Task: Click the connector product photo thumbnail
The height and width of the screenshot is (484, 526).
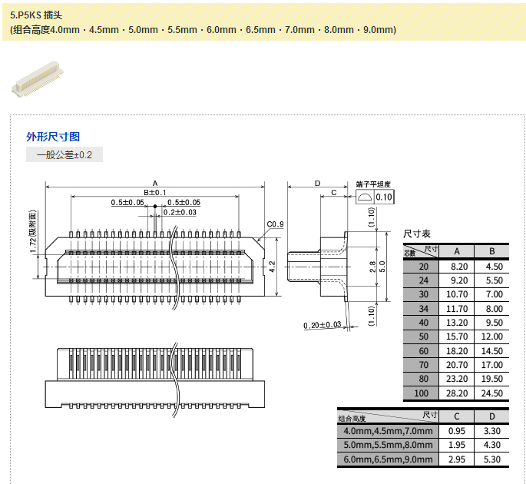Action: pyautogui.click(x=37, y=80)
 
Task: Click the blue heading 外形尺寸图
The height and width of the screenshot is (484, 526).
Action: pyautogui.click(x=53, y=137)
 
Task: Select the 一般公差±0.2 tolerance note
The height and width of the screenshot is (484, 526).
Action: pyautogui.click(x=64, y=154)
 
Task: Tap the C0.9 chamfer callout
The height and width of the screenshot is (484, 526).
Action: pyautogui.click(x=275, y=224)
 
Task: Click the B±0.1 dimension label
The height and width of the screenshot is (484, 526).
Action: pyautogui.click(x=154, y=192)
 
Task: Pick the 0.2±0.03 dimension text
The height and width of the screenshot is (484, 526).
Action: pyautogui.click(x=180, y=212)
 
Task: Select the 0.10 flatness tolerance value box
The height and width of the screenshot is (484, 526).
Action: pyautogui.click(x=384, y=197)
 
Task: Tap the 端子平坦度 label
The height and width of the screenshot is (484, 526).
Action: pyautogui.click(x=373, y=184)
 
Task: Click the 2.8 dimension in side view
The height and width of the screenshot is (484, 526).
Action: pyautogui.click(x=372, y=266)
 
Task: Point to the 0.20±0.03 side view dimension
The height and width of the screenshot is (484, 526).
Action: pyautogui.click(x=322, y=326)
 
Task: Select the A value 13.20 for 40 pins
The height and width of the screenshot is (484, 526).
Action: pyautogui.click(x=457, y=323)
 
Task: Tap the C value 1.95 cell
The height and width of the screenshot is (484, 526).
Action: pyautogui.click(x=457, y=445)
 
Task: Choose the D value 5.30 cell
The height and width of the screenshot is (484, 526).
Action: pyautogui.click(x=491, y=459)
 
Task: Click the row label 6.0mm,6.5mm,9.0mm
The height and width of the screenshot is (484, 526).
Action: pyautogui.click(x=386, y=459)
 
